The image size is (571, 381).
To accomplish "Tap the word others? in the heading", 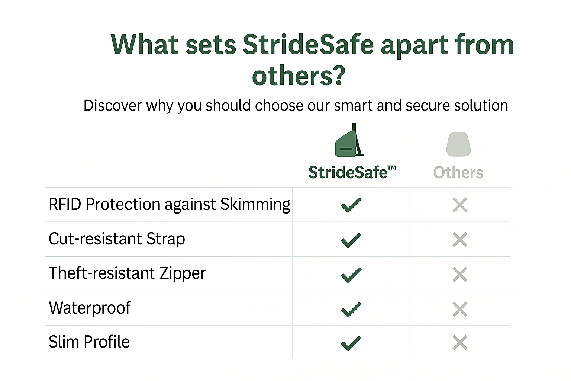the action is pos(299,76).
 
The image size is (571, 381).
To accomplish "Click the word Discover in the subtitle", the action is pos(112,105).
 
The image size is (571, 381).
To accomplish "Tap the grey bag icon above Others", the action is pos(458,144).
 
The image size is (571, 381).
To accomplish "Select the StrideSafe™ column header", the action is pos(352,172).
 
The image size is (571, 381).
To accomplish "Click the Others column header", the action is pos(458,173).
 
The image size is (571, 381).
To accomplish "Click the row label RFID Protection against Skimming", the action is pos(170,205).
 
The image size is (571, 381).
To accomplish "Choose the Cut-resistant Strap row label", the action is pos(117,239).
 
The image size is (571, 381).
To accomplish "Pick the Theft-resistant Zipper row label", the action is pos(127,273).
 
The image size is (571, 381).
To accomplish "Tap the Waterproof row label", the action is pos(90,308).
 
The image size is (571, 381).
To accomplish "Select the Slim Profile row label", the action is pos(89,342).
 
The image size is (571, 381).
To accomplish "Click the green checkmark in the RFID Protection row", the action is pos(351,205).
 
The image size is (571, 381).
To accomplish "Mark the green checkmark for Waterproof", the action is pos(351,310).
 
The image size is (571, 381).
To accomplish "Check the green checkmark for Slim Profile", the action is pos(351,343).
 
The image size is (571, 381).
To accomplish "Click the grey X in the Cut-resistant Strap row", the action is pos(460,240).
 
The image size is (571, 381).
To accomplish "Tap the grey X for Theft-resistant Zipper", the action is pos(460,274).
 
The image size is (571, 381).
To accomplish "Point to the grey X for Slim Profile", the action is pos(460,342).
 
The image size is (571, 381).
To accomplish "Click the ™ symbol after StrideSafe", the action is pos(392,168).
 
